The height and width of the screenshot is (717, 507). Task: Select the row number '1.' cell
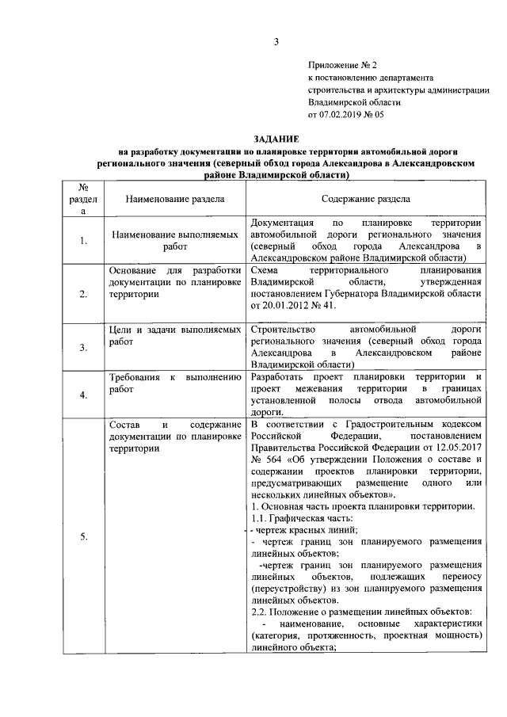83,241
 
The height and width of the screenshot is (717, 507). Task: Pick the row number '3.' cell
83,347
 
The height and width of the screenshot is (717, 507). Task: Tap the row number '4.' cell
83,395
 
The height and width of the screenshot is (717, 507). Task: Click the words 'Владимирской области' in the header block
354,102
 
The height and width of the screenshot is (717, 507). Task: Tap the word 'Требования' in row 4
134,377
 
